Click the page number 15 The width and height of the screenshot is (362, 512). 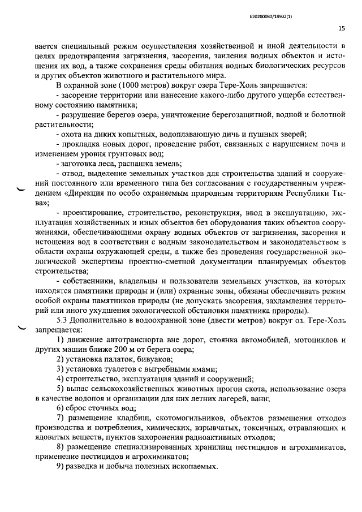(342, 28)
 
